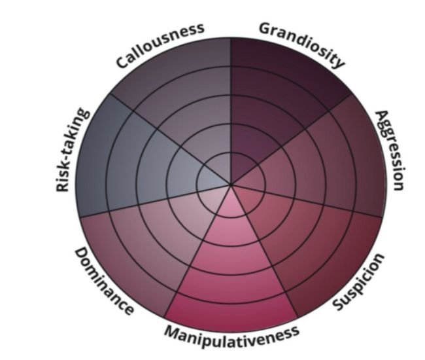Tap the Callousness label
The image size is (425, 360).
[160, 45]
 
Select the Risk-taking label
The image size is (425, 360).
[73, 150]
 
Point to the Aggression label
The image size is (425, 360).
[390, 150]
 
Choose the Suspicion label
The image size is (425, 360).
[358, 281]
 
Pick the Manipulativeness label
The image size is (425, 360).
[232, 336]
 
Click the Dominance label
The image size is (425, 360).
[105, 281]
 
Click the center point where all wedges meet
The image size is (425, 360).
[231, 185]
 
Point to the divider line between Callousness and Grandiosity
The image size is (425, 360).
[231, 111]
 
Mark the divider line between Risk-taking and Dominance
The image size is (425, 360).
[155, 202]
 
